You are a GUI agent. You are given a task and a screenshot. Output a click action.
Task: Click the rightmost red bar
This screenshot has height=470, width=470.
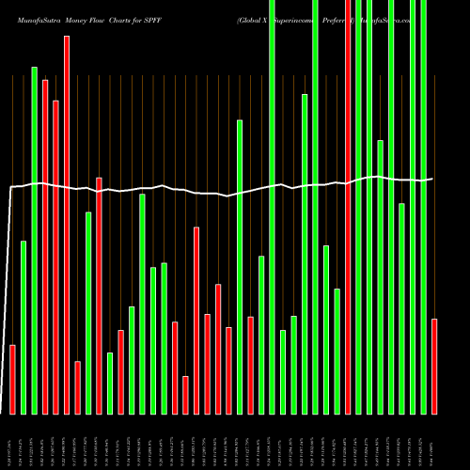point(434,367)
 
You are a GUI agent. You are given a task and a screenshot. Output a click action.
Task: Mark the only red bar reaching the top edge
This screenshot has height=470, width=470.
point(348,207)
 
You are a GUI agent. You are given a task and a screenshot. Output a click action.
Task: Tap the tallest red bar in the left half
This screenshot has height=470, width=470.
point(66,226)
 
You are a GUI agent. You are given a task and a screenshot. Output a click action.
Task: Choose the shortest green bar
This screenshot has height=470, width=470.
point(110,383)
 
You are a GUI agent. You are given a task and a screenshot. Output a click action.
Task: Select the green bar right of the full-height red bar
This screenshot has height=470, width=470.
point(358,207)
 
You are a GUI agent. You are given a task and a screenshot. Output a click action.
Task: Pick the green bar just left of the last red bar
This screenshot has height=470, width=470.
point(424,207)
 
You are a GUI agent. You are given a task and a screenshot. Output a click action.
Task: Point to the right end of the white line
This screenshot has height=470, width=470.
point(432,179)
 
